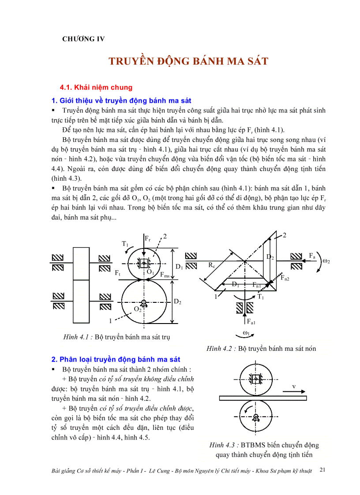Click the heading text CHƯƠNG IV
(x=83, y=39)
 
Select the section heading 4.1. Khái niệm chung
(x=96, y=87)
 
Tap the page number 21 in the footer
(x=322, y=470)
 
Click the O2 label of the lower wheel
(x=138, y=310)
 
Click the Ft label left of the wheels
(x=117, y=273)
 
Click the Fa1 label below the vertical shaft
(x=251, y=322)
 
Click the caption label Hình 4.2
(x=221, y=349)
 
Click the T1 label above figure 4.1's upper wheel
(x=125, y=243)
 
